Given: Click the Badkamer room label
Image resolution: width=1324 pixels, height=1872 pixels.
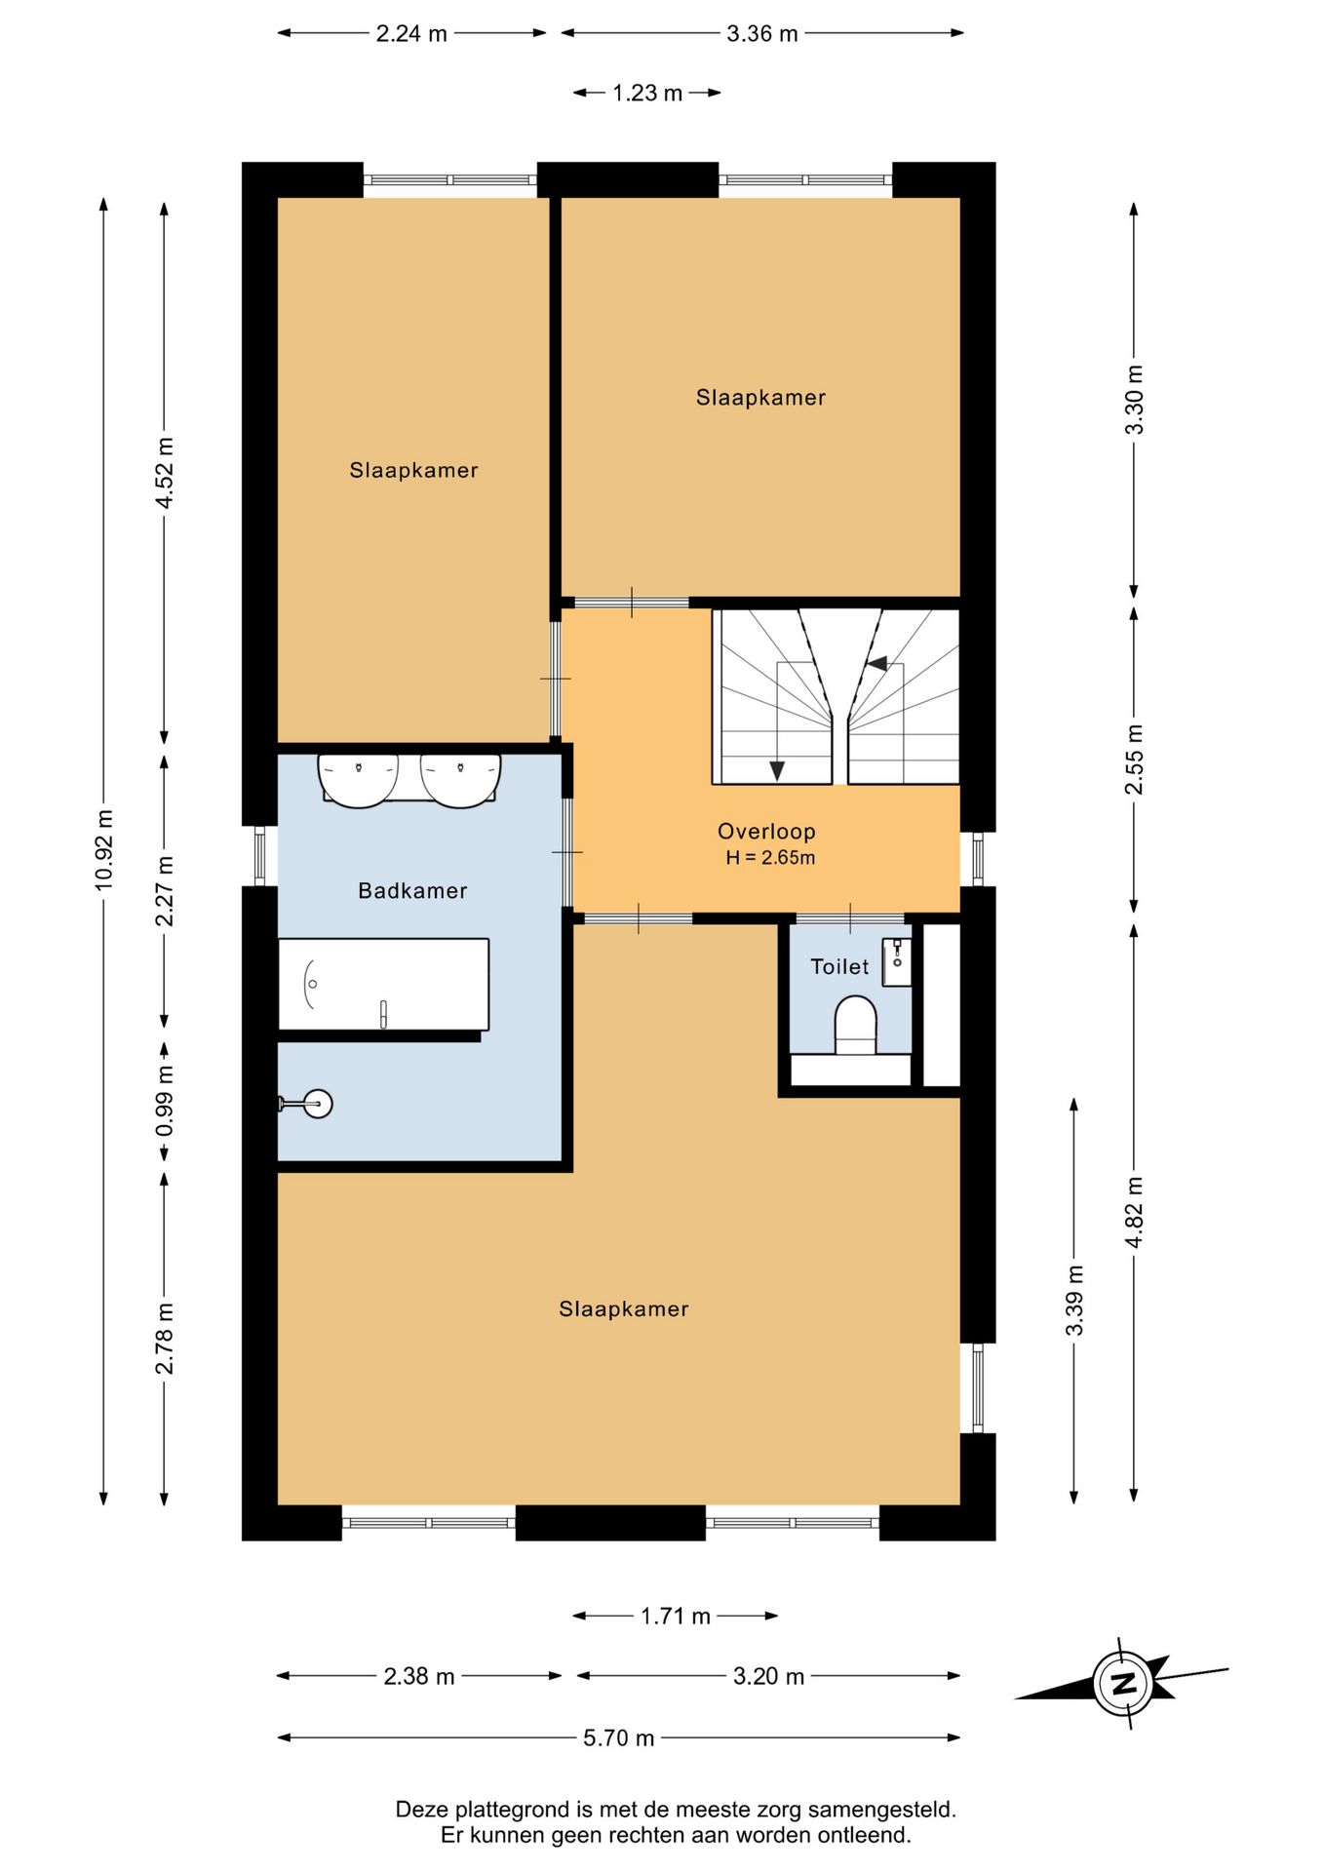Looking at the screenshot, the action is point(412,890).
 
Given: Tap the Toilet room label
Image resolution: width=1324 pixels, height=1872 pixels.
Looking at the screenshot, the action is point(839,966).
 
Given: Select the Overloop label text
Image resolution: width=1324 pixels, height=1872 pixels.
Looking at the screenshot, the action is point(766,832).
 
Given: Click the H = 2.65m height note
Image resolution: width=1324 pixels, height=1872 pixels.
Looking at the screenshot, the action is point(770,858).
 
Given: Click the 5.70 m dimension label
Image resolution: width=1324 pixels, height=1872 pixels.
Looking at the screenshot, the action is point(619,1737).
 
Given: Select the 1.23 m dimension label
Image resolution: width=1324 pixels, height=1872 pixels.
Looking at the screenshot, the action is point(647,94).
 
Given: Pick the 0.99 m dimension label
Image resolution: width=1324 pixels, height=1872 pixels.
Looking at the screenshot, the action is point(165,1100).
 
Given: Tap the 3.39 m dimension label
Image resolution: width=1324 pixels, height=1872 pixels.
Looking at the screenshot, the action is point(1074,1302).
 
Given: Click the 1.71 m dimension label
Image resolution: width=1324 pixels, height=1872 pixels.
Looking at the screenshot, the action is point(675,1617).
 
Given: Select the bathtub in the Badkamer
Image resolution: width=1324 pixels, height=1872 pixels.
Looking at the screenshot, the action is point(383,984).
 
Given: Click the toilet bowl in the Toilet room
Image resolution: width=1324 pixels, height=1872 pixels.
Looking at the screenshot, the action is point(856,1024).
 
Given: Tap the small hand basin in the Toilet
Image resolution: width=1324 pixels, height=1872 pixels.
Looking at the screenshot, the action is point(897,962).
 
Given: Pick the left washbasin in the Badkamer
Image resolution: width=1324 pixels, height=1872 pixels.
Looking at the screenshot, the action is point(359,780).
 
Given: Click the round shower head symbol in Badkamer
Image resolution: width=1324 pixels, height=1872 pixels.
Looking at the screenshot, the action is point(318,1104).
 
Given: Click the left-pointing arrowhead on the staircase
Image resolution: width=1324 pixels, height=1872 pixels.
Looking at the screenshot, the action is point(876,664).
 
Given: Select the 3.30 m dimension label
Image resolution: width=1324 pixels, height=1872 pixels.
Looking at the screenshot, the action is point(1134,400).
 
